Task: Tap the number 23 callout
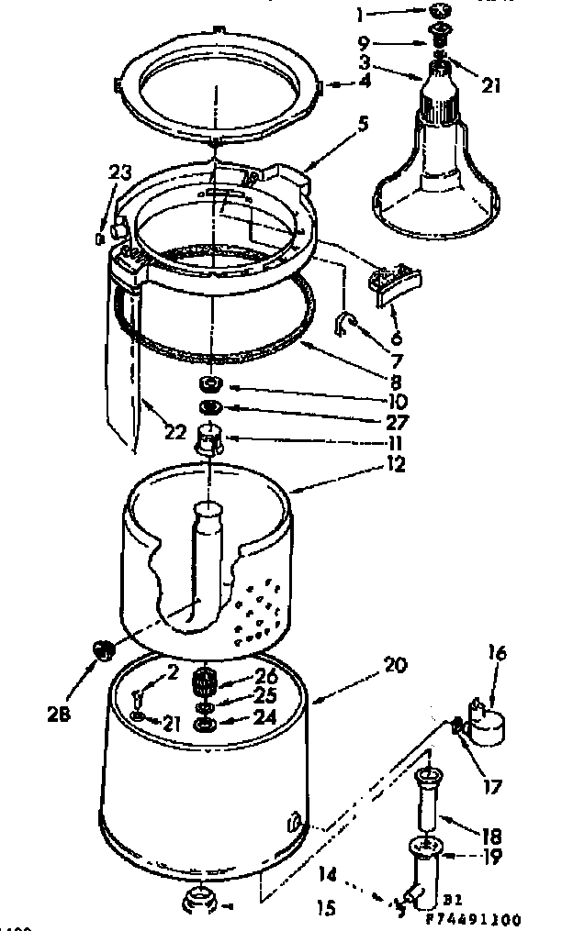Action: point(120,172)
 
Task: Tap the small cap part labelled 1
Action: point(439,11)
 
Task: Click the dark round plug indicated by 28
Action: point(102,651)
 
